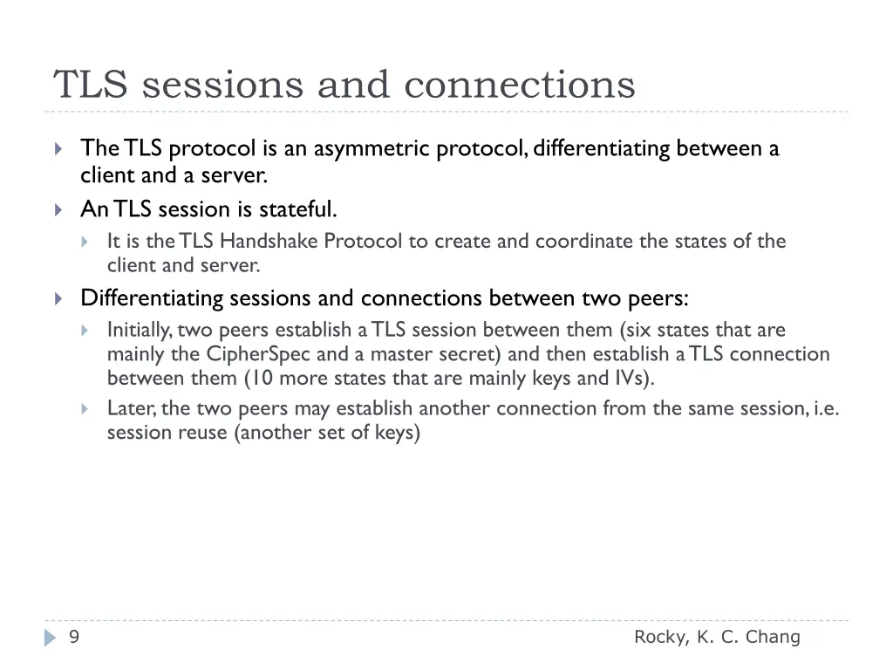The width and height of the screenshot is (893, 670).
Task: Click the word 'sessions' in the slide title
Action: pos(222,85)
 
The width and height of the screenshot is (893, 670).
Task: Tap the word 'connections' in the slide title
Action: pos(520,85)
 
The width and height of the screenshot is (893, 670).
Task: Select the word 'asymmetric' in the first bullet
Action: pos(372,149)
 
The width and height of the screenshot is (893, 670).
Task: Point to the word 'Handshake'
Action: pos(269,241)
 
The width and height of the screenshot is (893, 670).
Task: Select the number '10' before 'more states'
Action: pos(262,378)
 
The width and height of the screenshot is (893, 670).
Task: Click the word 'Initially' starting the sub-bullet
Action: pos(139,330)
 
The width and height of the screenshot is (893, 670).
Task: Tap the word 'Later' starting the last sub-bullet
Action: pos(131,408)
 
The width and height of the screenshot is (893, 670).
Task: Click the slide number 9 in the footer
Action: pos(74,638)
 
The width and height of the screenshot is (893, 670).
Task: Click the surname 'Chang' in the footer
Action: pos(773,638)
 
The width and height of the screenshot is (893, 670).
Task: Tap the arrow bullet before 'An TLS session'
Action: pos(58,210)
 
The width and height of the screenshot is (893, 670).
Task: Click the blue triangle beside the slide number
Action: pos(50,639)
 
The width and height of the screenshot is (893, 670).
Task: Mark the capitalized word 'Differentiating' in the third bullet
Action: pos(152,298)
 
